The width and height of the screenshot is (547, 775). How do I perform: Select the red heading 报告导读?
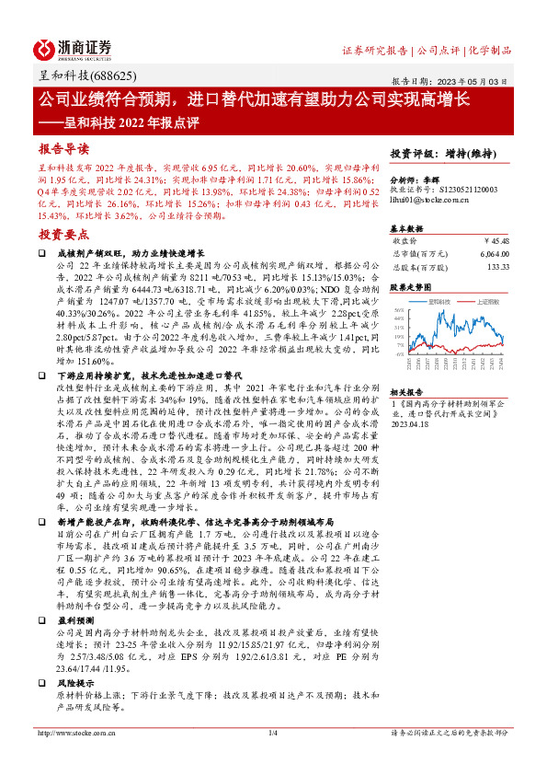coord(63,148)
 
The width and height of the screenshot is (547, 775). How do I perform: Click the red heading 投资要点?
coord(63,234)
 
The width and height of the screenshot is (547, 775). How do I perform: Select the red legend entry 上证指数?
coord(488,301)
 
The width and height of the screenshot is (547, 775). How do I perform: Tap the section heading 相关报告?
coord(405,390)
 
